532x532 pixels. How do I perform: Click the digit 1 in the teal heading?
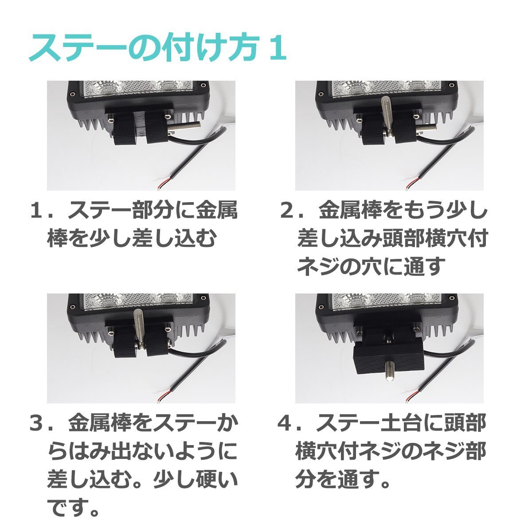click(277, 48)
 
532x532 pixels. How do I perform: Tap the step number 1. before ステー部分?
click(40, 211)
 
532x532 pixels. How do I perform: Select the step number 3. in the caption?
click(40, 424)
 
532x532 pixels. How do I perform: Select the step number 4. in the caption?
click(289, 424)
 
